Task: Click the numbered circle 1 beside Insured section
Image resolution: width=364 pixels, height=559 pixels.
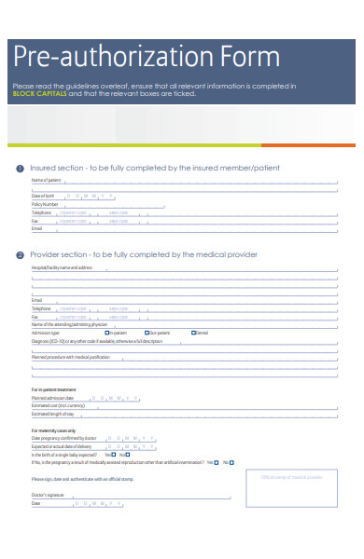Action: pyautogui.click(x=21, y=168)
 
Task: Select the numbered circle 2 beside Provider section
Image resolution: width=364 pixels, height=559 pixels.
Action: pyautogui.click(x=21, y=254)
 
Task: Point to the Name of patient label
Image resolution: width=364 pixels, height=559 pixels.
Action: pyautogui.click(x=46, y=180)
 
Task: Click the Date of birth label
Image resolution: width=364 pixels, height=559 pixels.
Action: pyautogui.click(x=43, y=196)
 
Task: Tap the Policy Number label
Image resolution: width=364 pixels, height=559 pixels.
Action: pyautogui.click(x=45, y=204)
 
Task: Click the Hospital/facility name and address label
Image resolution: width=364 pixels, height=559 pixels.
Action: pyautogui.click(x=62, y=267)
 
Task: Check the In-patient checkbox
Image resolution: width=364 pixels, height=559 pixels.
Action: pyautogui.click(x=107, y=333)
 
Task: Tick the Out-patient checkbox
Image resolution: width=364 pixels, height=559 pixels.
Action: pyautogui.click(x=147, y=333)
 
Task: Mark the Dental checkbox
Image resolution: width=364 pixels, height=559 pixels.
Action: pyautogui.click(x=193, y=333)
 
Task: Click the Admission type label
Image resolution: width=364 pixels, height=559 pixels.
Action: pyautogui.click(x=46, y=333)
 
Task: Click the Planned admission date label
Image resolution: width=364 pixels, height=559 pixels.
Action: pyautogui.click(x=52, y=398)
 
